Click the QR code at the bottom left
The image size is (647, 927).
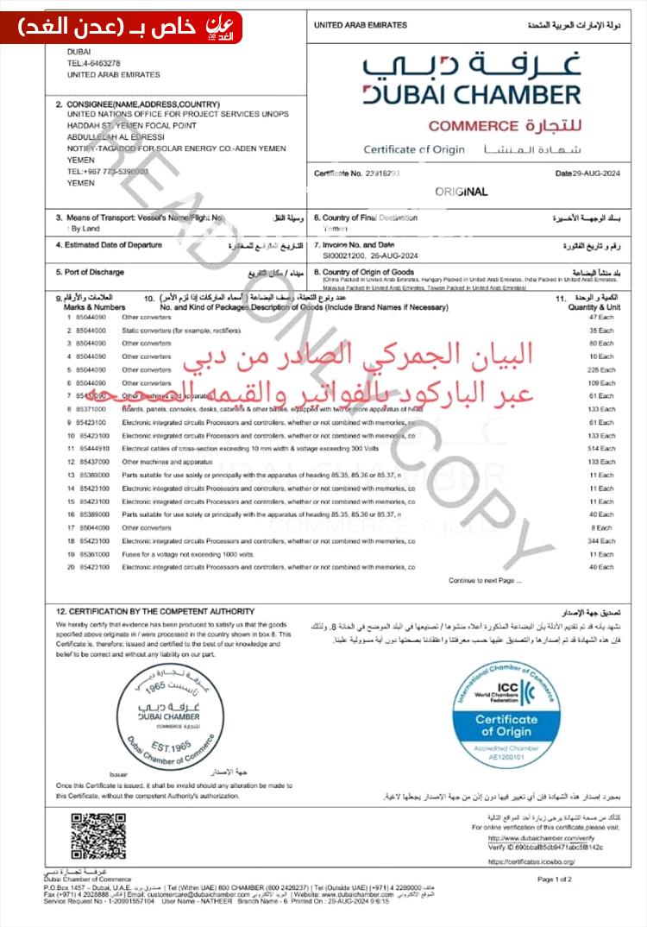coord(97,836)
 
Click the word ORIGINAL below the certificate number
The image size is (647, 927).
coord(461,192)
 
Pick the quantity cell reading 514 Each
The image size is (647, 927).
coord(599,449)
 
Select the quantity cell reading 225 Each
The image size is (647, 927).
coord(599,369)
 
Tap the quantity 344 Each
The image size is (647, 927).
coord(599,540)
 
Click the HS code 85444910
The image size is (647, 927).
coord(94,449)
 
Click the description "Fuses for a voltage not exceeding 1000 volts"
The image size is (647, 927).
coord(187,553)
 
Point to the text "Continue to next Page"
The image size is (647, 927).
coord(485,580)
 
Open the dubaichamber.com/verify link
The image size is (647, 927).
coord(540,838)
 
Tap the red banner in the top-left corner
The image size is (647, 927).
coord(121,28)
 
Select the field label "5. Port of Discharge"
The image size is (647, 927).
coord(90,272)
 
